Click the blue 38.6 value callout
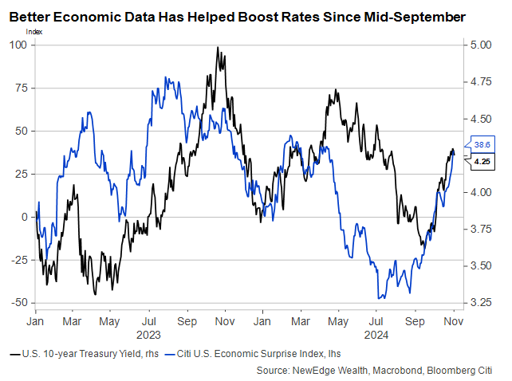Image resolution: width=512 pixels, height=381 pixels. click(x=482, y=145)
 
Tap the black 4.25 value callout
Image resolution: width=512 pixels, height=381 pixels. click(x=482, y=162)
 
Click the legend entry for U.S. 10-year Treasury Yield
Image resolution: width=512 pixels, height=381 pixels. click(x=80, y=352)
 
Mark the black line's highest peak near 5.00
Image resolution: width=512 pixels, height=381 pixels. click(x=218, y=48)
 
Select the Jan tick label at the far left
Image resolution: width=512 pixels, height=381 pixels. click(x=35, y=322)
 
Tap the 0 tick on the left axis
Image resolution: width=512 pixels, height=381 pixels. click(x=24, y=217)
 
